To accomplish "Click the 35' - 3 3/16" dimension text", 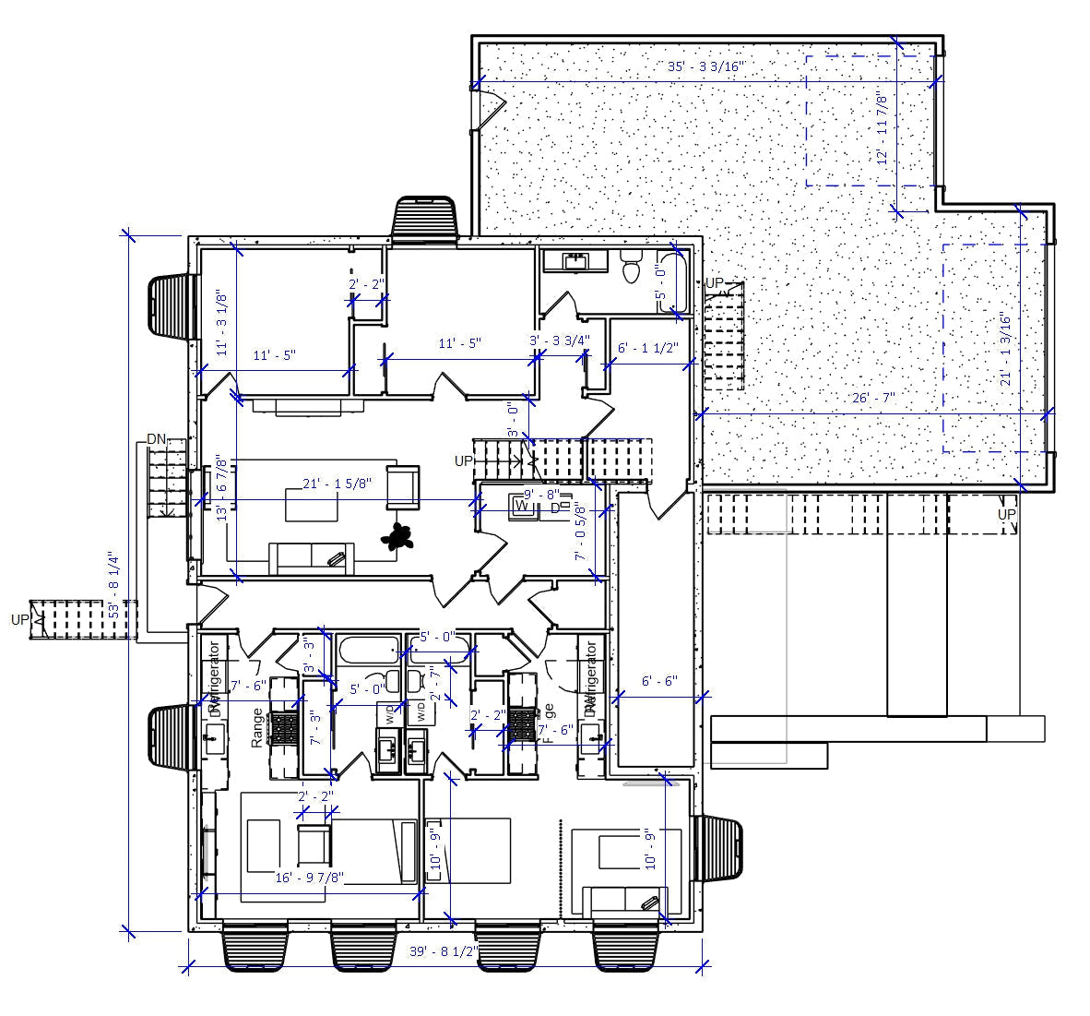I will (705, 67).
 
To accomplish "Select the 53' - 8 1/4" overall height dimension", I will (113, 584).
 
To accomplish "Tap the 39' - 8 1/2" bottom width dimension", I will (444, 951).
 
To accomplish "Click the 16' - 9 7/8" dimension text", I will (310, 878).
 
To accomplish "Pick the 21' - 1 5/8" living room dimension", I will (338, 484).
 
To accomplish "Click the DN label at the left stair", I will (157, 439).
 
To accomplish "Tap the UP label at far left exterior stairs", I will (19, 619).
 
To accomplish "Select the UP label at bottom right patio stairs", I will (1006, 514).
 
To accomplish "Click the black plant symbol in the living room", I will (399, 537).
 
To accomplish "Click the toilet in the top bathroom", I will (632, 268).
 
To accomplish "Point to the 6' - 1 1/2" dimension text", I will (647, 348).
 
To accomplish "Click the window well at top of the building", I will (425, 219).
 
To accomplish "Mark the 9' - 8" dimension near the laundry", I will (540, 494).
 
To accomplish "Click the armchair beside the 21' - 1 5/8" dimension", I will (402, 486).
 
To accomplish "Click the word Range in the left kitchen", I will (257, 727).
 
